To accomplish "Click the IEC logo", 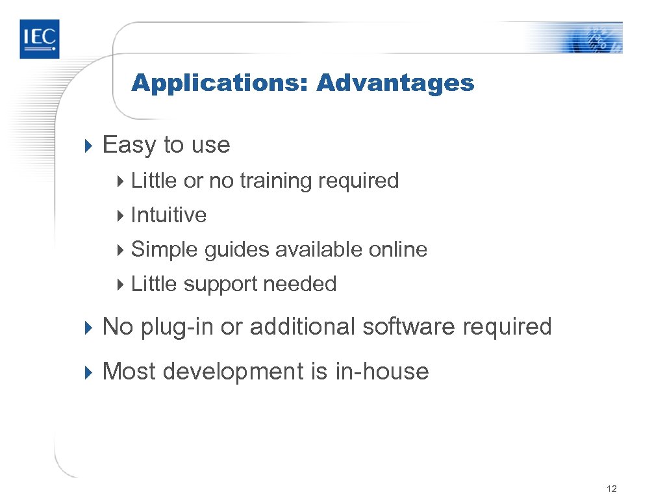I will click(x=39, y=39).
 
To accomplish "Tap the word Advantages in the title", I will click(x=395, y=83).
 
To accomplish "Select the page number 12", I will click(x=610, y=489).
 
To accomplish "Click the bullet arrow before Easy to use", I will click(x=90, y=145).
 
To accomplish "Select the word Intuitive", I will click(x=169, y=215).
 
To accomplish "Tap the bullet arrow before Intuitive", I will click(x=120, y=215).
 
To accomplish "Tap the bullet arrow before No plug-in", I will click(x=90, y=327).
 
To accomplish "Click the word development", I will click(x=232, y=372).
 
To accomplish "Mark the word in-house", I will click(x=382, y=372).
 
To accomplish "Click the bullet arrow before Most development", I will click(x=90, y=372).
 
